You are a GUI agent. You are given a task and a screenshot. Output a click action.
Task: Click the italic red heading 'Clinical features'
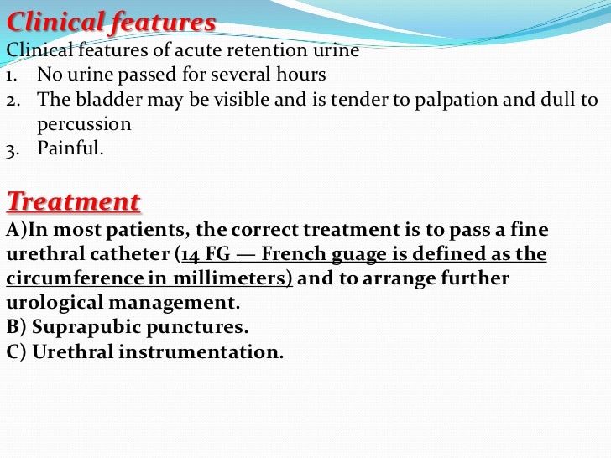tap(111, 22)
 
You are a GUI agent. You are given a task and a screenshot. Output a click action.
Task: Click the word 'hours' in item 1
tap(301, 75)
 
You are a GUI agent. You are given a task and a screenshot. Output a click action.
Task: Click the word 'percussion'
tap(84, 124)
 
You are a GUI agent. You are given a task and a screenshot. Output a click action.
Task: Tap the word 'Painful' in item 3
tap(68, 150)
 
